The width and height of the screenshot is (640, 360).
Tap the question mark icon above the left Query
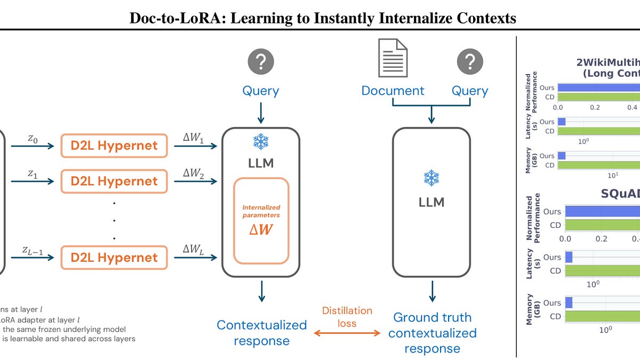click(x=260, y=62)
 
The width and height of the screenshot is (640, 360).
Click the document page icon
click(x=393, y=58)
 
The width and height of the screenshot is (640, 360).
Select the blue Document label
click(x=393, y=91)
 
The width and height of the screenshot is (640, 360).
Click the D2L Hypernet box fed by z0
click(x=115, y=145)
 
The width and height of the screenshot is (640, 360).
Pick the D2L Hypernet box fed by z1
click(x=115, y=181)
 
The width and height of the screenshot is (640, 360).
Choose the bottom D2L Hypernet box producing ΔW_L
click(x=115, y=258)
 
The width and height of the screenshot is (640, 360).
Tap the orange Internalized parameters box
click(x=261, y=220)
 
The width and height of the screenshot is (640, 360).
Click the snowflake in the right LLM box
click(x=431, y=178)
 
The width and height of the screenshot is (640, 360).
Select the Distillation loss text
click(x=347, y=317)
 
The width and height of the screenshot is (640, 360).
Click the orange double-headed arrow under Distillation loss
click(x=347, y=333)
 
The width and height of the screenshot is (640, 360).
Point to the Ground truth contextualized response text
click(x=432, y=333)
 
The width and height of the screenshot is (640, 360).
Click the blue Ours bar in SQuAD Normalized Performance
click(x=603, y=211)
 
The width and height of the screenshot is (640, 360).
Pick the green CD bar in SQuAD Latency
click(x=603, y=270)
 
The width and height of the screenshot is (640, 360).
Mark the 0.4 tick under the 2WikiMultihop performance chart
click(x=631, y=107)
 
